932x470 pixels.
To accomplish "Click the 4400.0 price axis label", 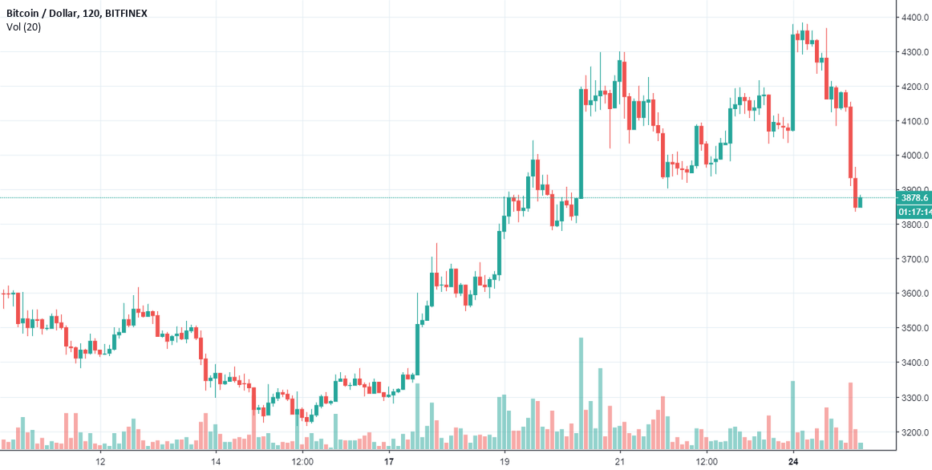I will (914, 18).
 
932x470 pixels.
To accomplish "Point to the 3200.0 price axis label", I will (914, 432).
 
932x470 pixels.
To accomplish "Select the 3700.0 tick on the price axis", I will (914, 260).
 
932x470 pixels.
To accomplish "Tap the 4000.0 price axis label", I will (914, 156).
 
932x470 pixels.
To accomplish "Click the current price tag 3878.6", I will (914, 197).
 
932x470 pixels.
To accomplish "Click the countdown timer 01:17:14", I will (914, 212).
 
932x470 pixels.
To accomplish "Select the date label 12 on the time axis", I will (100, 461).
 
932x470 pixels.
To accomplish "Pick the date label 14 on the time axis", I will (216, 461).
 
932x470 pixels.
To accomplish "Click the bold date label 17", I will (389, 461).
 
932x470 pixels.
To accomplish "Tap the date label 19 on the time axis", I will (504, 461).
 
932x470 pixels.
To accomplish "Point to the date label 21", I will (620, 461).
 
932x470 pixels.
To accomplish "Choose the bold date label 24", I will (793, 461).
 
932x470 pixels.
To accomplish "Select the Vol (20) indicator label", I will (23, 27).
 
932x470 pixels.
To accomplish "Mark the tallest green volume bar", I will (581, 393).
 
